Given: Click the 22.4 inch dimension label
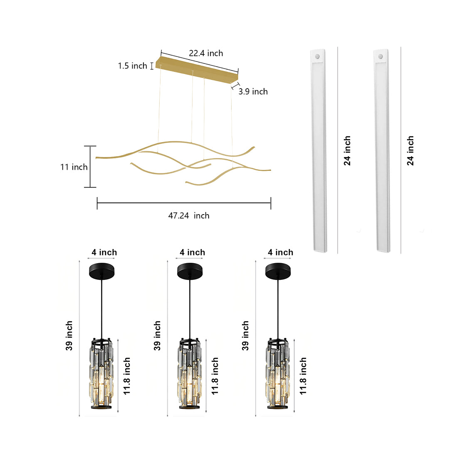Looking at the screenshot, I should pos(206,53).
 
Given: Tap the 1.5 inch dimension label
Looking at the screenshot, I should pos(132,66).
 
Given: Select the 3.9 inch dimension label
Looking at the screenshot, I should pos(253,91).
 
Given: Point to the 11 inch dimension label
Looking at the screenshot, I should pos(74,167).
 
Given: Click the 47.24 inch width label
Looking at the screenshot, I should pos(188,215).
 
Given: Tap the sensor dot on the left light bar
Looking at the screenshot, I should pos(318,55).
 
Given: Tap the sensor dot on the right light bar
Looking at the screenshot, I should pos(381,55).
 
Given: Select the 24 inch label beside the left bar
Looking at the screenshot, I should pos(347,150).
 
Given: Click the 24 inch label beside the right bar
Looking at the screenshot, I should pos(410,150).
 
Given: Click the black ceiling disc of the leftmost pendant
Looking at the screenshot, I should pos(101,271).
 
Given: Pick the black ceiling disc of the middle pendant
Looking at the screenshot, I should pos(190,271).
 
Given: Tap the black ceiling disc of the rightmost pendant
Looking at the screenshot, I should pos(278,271).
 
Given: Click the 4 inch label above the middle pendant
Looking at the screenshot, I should pos(192,252).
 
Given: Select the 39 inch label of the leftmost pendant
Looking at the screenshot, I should pos(69,336).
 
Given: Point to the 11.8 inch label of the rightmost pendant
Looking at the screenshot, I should pos(303,376).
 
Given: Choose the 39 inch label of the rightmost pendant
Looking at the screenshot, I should pos(245,336).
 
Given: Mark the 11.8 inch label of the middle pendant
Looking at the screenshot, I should pos(215,376).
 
